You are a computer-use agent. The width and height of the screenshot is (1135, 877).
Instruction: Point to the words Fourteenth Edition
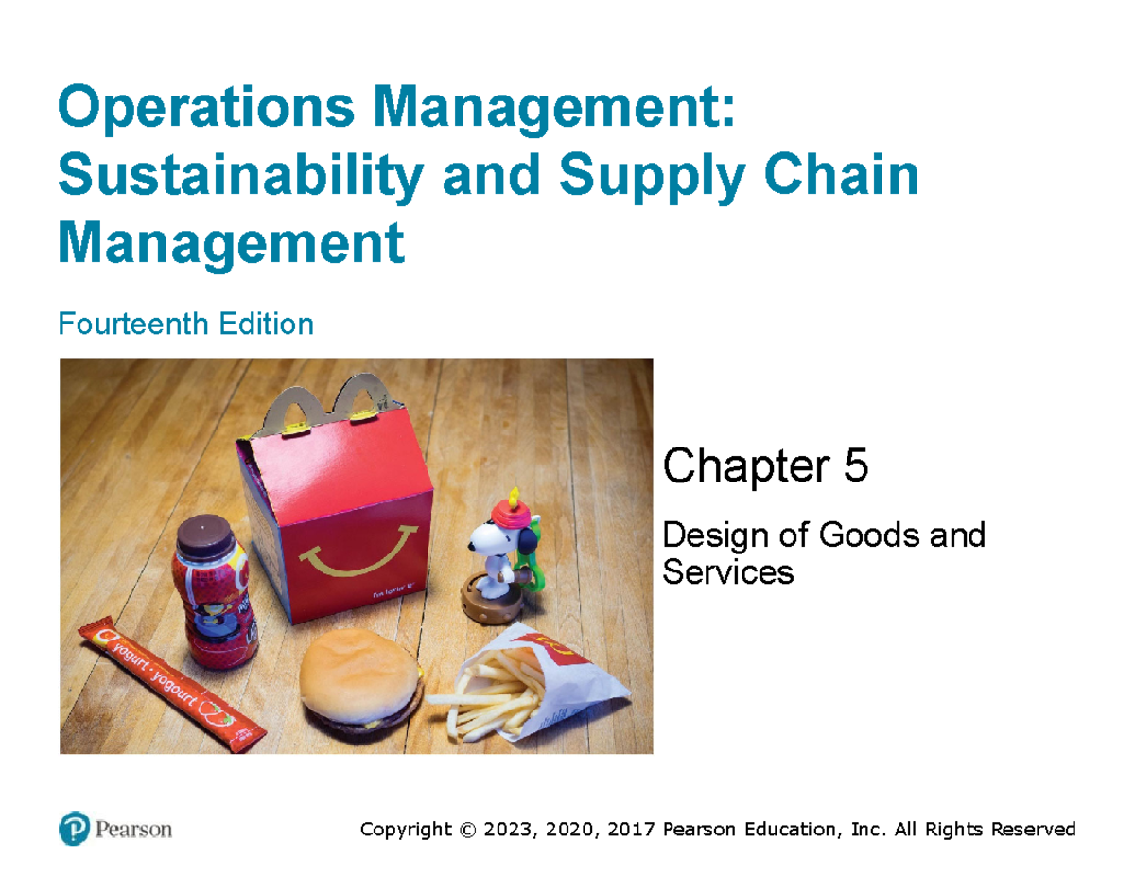[x=185, y=324]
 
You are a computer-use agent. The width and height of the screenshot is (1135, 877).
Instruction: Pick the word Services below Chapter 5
[x=728, y=570]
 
